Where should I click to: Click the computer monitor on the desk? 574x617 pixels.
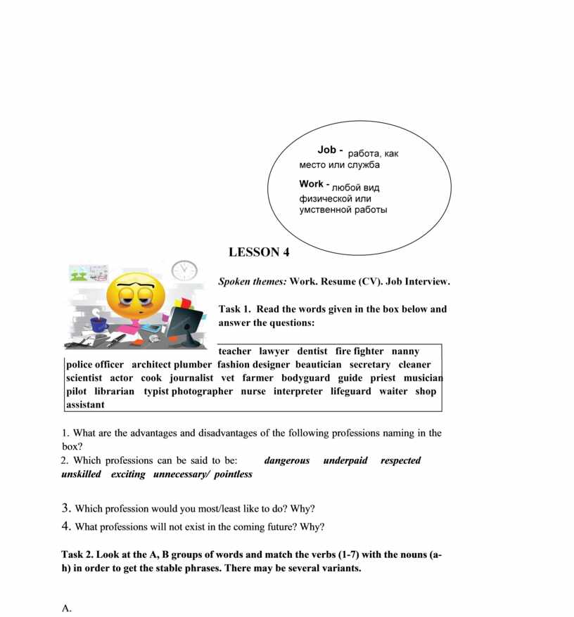tap(184, 327)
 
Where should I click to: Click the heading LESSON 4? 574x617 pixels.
tap(259, 252)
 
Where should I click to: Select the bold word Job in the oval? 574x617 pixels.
tap(327, 150)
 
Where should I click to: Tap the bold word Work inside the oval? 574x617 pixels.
tap(311, 184)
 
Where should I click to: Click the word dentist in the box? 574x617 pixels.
tap(312, 351)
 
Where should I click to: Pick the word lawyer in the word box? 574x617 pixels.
tap(274, 351)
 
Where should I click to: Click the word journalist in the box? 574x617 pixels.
tap(191, 378)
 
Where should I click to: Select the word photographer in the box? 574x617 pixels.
tap(202, 391)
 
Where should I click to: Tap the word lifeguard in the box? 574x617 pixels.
tap(350, 391)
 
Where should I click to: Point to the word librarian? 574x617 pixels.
tap(114, 391)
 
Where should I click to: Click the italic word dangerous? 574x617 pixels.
tap(286, 461)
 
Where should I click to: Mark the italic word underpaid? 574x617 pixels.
tap(345, 461)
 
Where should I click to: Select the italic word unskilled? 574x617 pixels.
tap(81, 474)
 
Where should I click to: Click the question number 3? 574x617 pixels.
tap(65, 508)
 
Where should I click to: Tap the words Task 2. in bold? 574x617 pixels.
tap(80, 554)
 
